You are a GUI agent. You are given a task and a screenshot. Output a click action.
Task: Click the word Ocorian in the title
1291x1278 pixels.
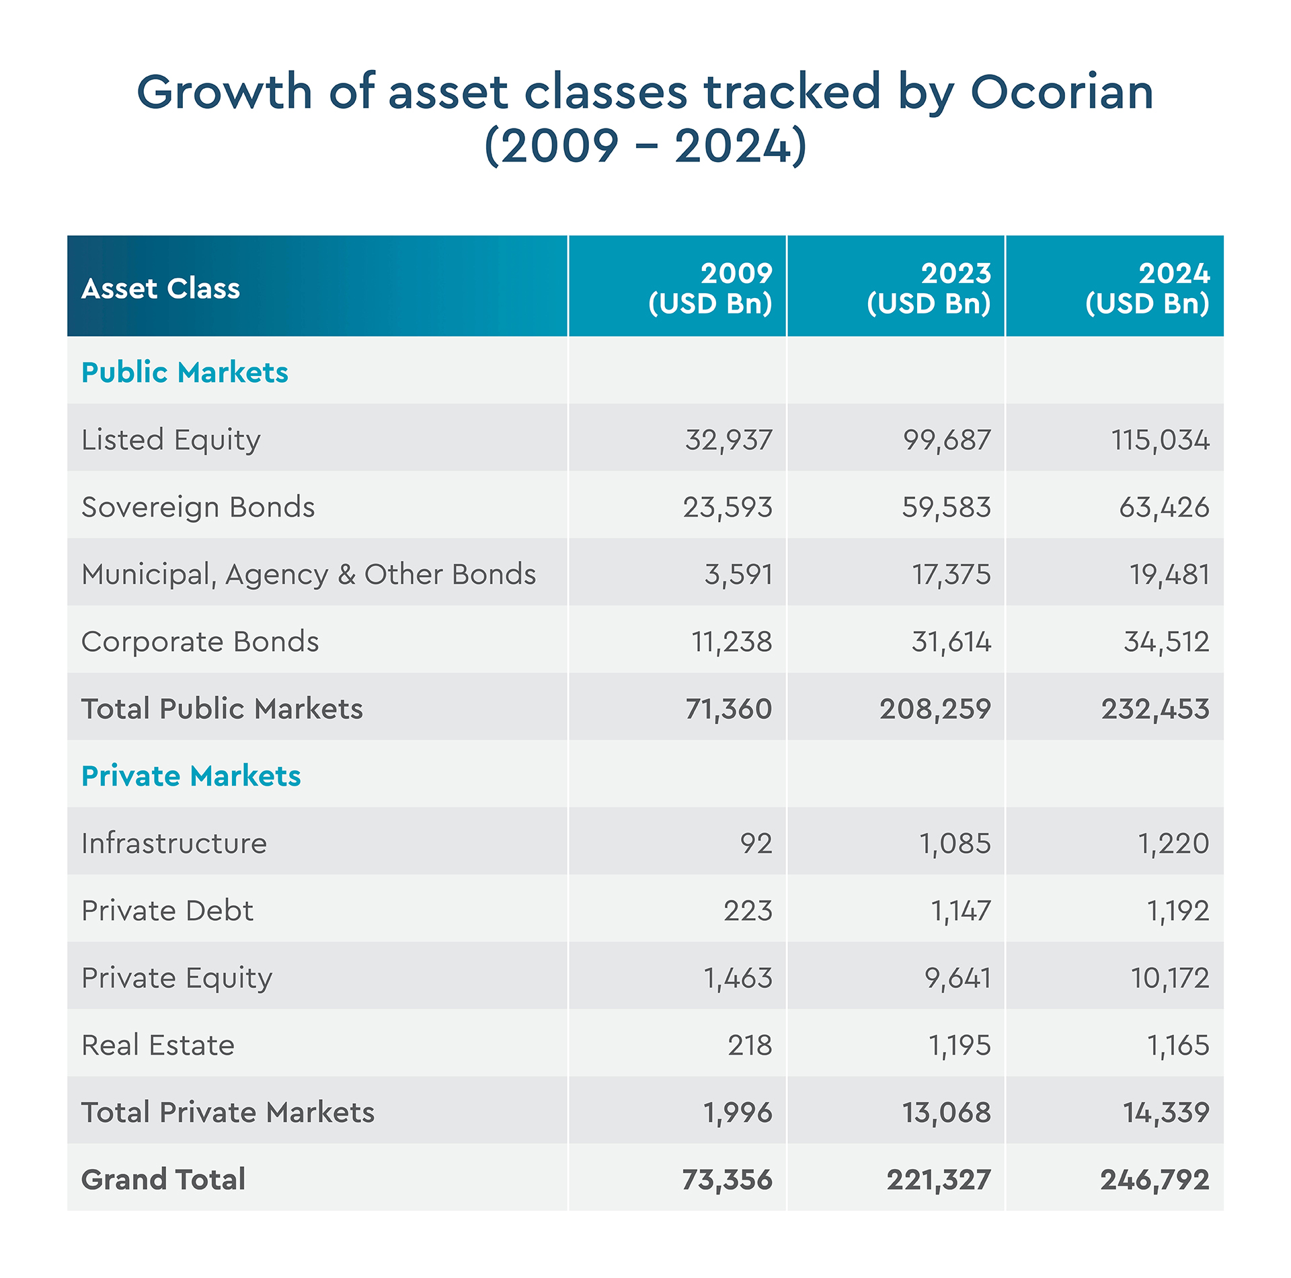coord(1062,92)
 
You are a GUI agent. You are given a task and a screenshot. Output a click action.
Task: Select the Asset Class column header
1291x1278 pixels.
coord(161,289)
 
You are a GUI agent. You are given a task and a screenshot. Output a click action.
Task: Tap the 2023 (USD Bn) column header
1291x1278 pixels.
coord(929,289)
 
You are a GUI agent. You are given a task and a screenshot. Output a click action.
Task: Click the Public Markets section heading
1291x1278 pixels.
coord(184,373)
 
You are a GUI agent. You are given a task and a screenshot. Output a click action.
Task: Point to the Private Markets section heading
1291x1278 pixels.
coord(191,776)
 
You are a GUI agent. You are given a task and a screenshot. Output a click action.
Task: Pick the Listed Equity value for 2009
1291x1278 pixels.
coord(729,440)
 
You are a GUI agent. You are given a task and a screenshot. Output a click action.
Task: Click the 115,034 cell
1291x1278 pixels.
coord(1161,440)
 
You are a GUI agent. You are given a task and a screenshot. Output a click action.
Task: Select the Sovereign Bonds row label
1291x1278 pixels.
coord(198,507)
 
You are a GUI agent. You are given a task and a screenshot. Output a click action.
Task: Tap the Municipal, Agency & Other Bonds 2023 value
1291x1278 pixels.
coord(951,574)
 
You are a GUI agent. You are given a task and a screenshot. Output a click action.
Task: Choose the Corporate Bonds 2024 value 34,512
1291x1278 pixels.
coord(1167,642)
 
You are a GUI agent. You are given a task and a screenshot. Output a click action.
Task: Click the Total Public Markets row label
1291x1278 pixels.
coord(222,709)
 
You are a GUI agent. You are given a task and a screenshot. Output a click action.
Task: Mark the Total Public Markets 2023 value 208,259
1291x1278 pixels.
coord(935,709)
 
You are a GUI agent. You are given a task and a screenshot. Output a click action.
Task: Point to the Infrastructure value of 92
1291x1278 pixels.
coord(756,843)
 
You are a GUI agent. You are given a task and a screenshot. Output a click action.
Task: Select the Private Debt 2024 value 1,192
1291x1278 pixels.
coord(1178,911)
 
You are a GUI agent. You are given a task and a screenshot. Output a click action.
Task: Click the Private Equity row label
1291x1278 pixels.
coord(177,978)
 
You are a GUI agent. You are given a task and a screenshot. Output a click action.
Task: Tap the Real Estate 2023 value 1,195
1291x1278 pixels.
coord(960,1045)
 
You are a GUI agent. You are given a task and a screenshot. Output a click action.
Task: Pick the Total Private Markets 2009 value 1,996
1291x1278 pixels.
coord(738,1113)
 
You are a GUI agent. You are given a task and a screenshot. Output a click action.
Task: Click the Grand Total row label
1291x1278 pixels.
coord(163,1180)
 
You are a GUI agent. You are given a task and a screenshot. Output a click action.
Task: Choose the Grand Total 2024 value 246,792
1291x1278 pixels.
coord(1155,1180)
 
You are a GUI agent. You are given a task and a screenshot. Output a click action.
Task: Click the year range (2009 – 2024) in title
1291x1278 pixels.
coord(645,146)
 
